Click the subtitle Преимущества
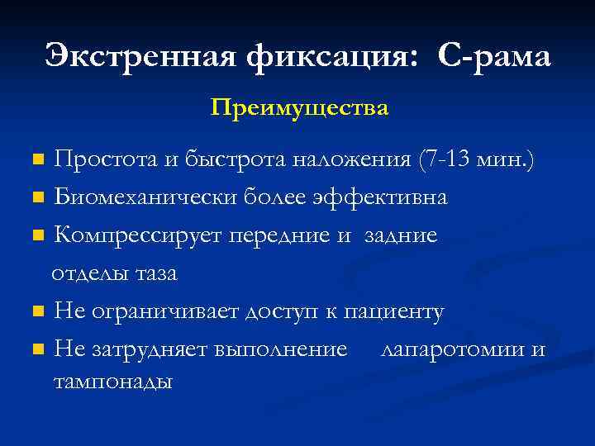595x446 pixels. tap(298, 108)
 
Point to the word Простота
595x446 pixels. tap(106, 160)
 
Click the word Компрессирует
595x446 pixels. tap(137, 235)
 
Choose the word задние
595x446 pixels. tap(401, 235)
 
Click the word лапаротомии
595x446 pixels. tap(451, 349)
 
